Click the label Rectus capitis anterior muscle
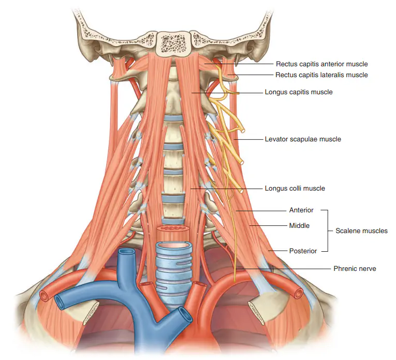[322, 64]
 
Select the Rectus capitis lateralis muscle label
[321, 75]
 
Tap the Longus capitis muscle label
[299, 92]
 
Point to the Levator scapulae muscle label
[303, 139]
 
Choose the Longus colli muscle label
[295, 188]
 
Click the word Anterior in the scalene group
[301, 210]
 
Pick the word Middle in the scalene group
[299, 225]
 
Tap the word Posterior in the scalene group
[303, 251]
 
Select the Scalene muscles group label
[361, 231]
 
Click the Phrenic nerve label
[355, 268]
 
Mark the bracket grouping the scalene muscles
[328, 231]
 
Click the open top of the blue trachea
[174, 246]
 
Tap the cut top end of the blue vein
[127, 252]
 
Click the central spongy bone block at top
[173, 44]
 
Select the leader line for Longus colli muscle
[227, 189]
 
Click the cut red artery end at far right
[299, 293]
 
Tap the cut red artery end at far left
[44, 296]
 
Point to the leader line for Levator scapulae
[248, 139]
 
